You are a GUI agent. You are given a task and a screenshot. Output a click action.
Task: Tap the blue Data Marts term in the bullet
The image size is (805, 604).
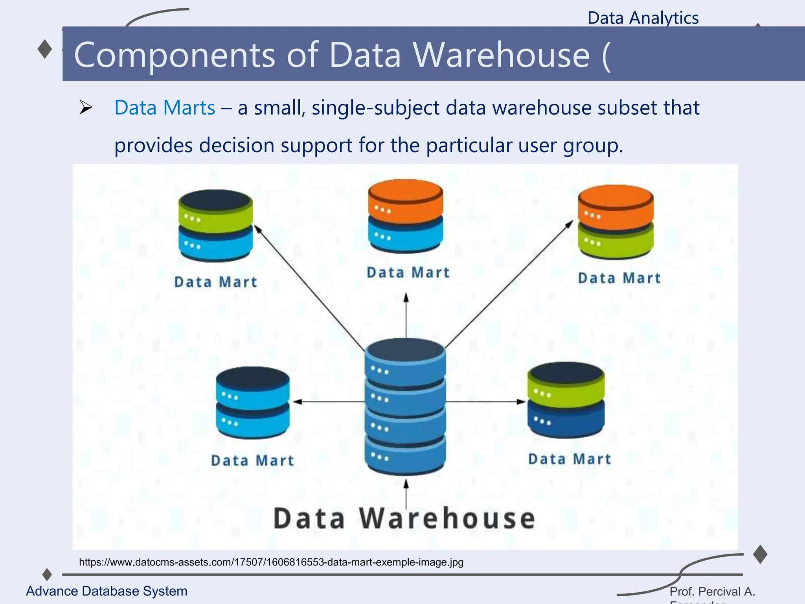pos(165,107)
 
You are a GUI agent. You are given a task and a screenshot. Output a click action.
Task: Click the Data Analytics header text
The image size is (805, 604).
pos(643,18)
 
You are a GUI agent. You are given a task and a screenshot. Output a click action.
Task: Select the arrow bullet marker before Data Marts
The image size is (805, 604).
pos(85,107)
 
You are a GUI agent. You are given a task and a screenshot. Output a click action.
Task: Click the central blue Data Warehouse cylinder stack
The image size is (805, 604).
pos(405,405)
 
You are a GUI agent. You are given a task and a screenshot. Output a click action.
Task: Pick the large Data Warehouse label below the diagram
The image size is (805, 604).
pos(404,518)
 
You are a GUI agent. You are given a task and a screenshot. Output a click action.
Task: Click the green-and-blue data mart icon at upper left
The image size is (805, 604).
pos(215,225)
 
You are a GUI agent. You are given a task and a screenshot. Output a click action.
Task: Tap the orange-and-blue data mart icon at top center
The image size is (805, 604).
pos(405,216)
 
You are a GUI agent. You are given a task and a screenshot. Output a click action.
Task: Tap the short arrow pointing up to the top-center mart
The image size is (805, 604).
pos(406,315)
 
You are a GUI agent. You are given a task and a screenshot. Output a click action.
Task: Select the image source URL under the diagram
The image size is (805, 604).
pos(271,562)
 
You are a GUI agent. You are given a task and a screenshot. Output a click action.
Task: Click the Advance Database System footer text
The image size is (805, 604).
pos(107,591)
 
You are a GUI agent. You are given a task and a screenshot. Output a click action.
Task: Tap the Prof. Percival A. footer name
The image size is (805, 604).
pos(712,591)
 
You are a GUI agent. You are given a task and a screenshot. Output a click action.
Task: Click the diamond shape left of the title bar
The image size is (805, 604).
pos(45,49)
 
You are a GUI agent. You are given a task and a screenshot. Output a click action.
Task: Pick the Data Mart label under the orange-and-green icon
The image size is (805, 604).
pos(619,278)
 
